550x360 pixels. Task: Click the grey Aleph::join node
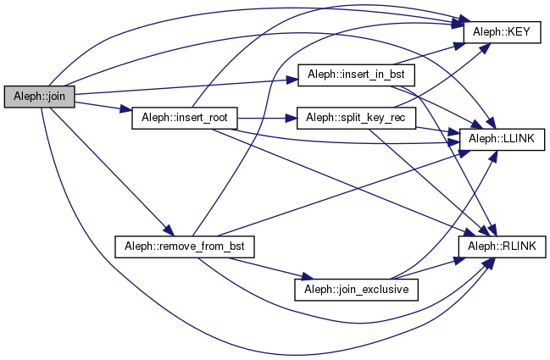pos(40,97)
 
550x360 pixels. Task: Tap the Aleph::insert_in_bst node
pos(355,75)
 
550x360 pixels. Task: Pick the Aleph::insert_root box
pos(184,117)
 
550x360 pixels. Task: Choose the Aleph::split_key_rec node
pos(355,117)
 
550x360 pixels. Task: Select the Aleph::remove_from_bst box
pos(184,246)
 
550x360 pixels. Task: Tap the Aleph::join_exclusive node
pos(351,289)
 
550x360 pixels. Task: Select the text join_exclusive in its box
pos(367,289)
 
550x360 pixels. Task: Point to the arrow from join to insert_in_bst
pos(186,86)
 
